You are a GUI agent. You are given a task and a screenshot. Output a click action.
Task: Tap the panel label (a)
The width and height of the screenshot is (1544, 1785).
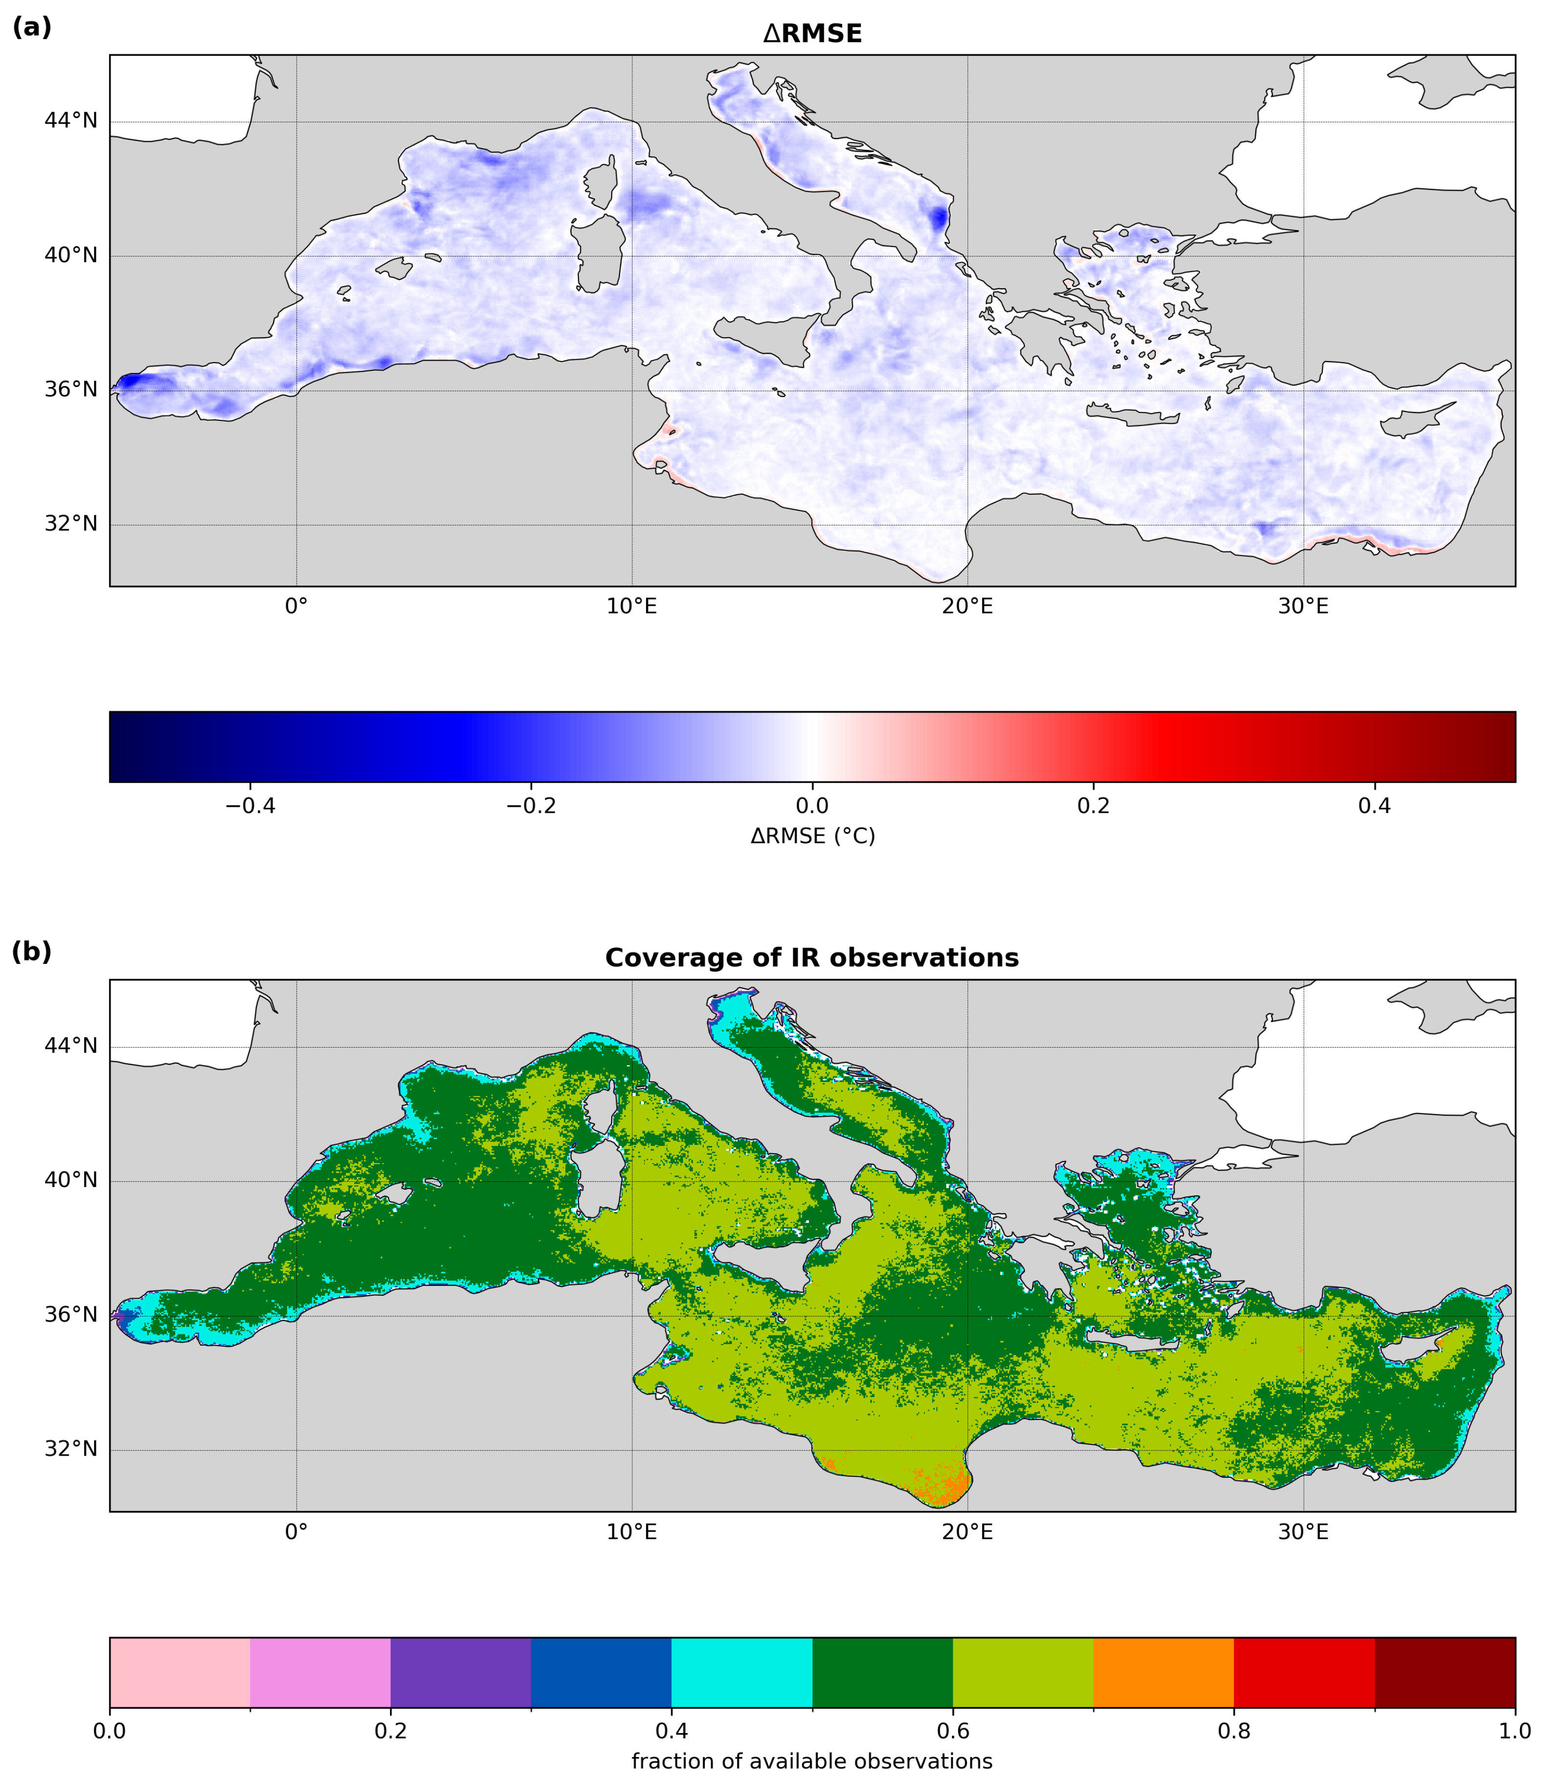32,27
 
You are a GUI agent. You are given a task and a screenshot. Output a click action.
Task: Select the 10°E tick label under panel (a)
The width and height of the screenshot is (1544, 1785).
632,606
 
